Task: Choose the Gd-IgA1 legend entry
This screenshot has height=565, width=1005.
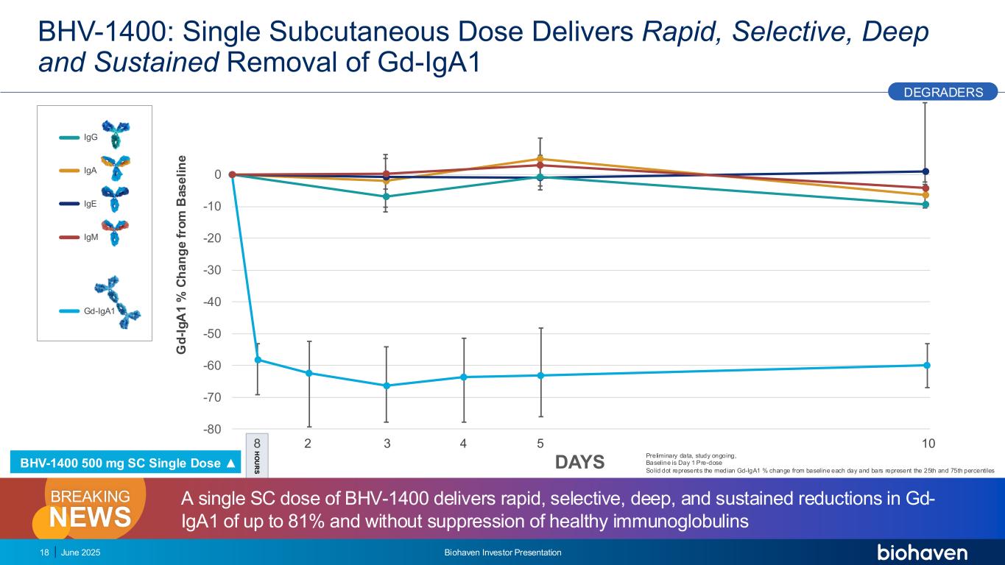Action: tap(98, 311)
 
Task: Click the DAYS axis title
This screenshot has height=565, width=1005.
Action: tap(579, 462)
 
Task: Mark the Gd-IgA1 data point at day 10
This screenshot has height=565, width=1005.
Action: tap(925, 366)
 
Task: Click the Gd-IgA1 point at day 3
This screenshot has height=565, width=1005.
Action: tap(386, 385)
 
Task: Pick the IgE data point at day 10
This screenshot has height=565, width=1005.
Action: tap(925, 171)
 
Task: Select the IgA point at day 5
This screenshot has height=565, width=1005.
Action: tap(540, 159)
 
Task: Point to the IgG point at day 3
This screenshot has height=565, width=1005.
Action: tap(386, 196)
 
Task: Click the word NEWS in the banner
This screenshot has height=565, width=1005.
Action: tap(90, 518)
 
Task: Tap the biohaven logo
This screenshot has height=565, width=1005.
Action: tap(922, 553)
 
